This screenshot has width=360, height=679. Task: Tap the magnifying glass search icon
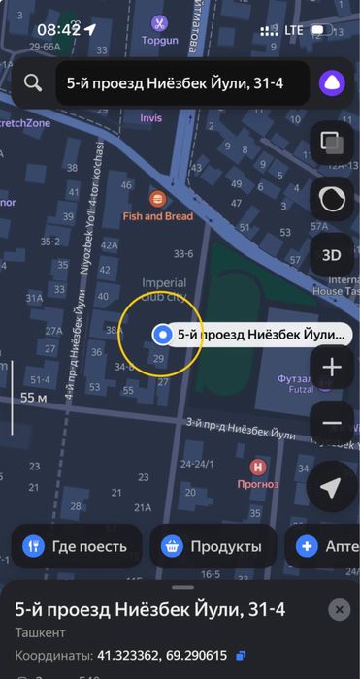coord(33,83)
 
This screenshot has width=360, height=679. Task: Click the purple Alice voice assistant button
coord(329,83)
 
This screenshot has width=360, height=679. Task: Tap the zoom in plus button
coord(331,368)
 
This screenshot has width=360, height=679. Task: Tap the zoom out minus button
coord(331,423)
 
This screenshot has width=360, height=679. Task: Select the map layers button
coord(331,143)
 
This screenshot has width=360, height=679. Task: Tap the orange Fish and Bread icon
coord(158,197)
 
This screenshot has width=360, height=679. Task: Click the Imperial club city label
coord(150,291)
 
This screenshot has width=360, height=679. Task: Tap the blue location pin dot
coord(162,335)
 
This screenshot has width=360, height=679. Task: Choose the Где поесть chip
coord(77,546)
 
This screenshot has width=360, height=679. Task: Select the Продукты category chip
coord(213,546)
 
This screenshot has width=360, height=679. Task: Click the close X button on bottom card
coord(338,609)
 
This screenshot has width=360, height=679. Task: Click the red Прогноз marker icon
coord(258,467)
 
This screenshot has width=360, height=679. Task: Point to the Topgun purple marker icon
coord(159,21)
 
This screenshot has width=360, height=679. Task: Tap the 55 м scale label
coord(34,397)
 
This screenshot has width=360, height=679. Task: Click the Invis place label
coord(151,118)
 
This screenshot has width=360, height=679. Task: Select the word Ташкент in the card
coord(40,633)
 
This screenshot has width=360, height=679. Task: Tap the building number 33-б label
coord(182,253)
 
